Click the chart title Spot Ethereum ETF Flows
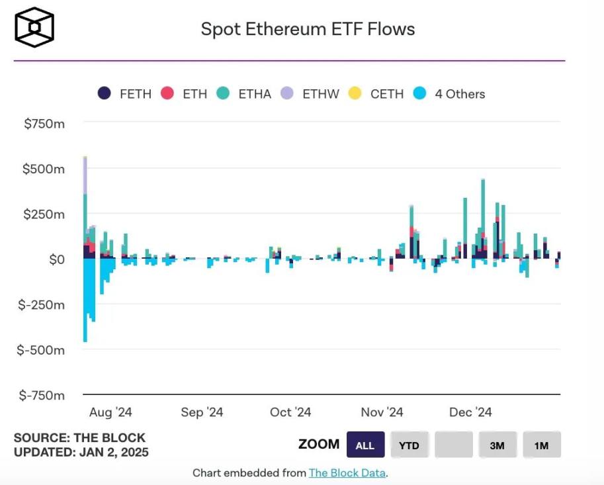308,30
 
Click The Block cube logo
34,28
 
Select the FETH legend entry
124,94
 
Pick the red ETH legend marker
167,94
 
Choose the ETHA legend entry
244,94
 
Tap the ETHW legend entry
310,94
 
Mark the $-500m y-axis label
41,349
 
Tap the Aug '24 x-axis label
110,412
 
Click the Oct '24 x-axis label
290,412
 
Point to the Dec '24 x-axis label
470,412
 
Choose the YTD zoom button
409,445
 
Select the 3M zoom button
497,445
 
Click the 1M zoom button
541,445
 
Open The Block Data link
347,473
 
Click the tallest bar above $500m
85,198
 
